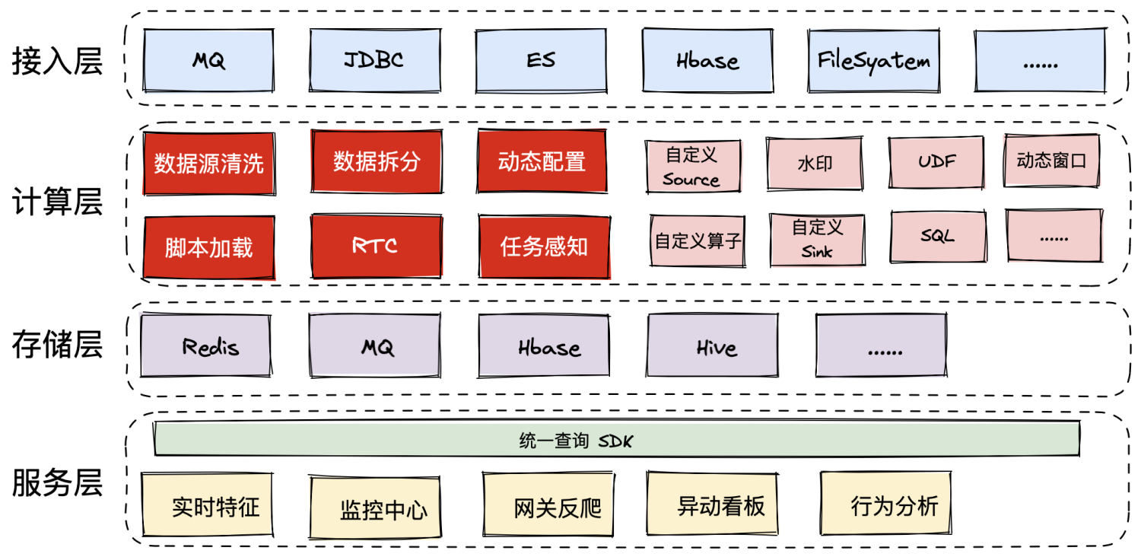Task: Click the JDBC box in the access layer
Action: (374, 60)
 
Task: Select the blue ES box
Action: (541, 60)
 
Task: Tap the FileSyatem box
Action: (873, 60)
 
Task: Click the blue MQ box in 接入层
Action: (208, 60)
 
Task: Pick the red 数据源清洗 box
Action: (208, 163)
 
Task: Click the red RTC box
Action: (376, 245)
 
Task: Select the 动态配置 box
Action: (542, 161)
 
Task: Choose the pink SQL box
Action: (938, 236)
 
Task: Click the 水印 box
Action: (814, 164)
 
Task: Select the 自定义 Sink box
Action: (818, 239)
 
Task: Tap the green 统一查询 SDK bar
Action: (616, 439)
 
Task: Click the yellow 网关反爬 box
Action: (548, 505)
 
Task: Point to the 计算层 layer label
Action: (57, 203)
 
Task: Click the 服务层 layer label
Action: (57, 482)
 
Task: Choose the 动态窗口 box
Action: (1051, 161)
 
